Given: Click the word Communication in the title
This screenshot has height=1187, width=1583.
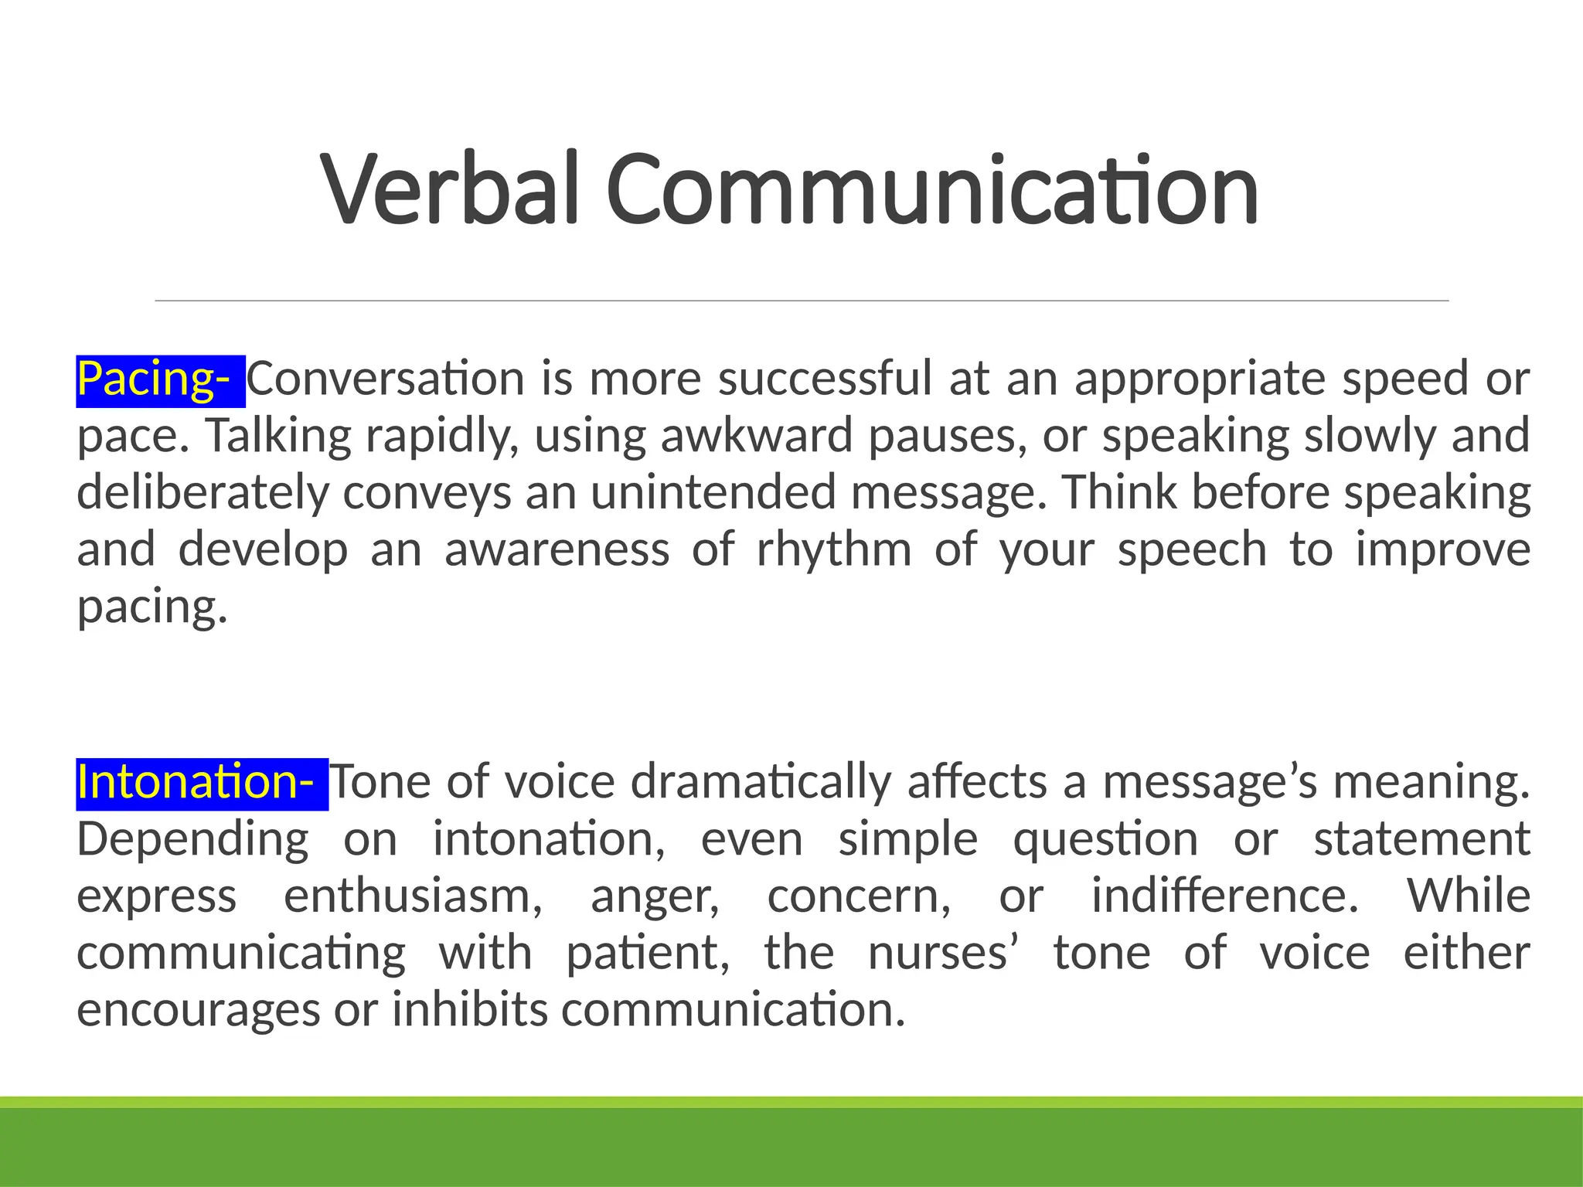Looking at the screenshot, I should click(x=932, y=189).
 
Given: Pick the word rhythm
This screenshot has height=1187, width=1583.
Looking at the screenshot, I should click(x=834, y=549).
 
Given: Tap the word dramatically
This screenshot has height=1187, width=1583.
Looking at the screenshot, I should click(x=761, y=782).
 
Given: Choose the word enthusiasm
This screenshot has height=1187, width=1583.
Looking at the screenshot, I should click(x=413, y=896).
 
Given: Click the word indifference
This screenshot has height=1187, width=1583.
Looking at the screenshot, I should click(x=1224, y=896).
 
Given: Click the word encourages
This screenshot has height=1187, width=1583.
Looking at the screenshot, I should click(x=198, y=1010).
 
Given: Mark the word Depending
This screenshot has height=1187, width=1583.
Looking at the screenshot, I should click(x=192, y=840).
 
